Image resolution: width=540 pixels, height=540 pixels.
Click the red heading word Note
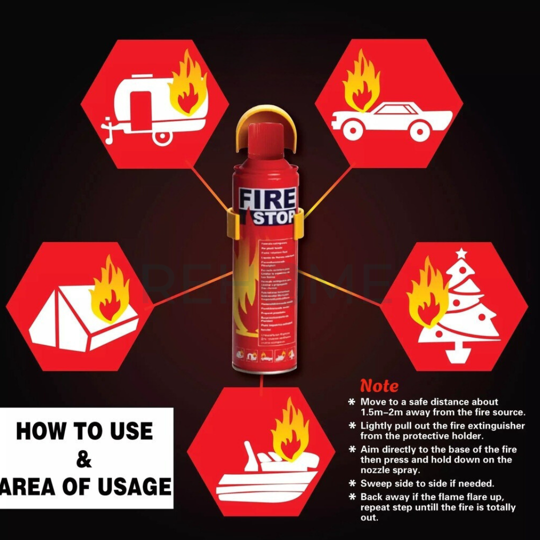[379, 386]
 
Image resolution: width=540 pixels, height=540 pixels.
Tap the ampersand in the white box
[83, 459]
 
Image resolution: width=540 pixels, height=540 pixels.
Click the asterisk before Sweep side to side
[352, 484]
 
